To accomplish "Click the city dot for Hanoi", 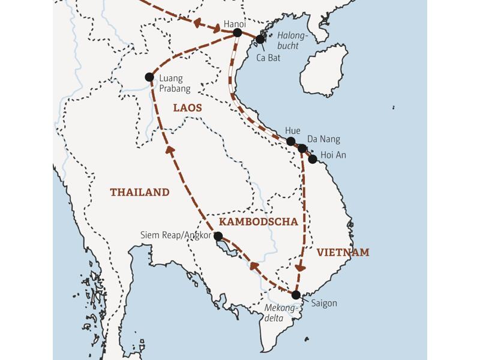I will pyautogui.click(x=237, y=32).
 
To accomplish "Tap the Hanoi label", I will pyautogui.click(x=235, y=22).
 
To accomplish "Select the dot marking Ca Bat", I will pyautogui.click(x=260, y=39).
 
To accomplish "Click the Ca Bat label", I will pyautogui.click(x=268, y=58).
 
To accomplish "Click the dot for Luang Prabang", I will pyautogui.click(x=149, y=77).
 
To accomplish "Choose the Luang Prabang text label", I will pyautogui.click(x=175, y=83).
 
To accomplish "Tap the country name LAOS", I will pyautogui.click(x=188, y=108).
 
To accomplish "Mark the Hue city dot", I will pyautogui.click(x=290, y=142).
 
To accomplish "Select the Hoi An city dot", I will pyautogui.click(x=313, y=159).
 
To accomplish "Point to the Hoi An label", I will pyautogui.click(x=334, y=155).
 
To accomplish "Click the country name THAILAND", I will pyautogui.click(x=139, y=193).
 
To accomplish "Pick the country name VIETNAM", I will pyautogui.click(x=343, y=253).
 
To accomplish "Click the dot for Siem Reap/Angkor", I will pyautogui.click(x=218, y=236).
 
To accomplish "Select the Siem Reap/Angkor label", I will pyautogui.click(x=176, y=236).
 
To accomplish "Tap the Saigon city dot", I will pyautogui.click(x=296, y=295).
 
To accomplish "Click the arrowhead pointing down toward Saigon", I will pyautogui.click(x=302, y=268).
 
